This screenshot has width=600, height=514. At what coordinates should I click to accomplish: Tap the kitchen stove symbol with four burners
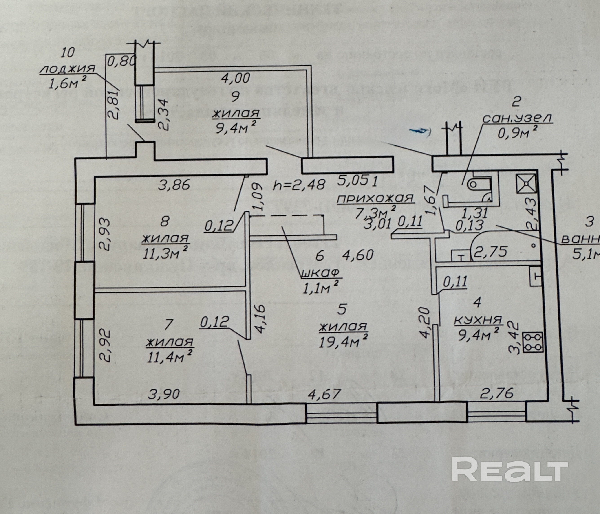click(x=533, y=342)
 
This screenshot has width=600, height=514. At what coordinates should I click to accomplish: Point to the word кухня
click(x=478, y=320)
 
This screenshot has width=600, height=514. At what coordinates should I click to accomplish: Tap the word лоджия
click(x=68, y=69)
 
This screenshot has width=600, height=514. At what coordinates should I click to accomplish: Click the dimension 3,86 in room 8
click(x=174, y=184)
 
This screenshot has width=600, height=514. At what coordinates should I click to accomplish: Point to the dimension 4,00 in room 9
click(x=235, y=78)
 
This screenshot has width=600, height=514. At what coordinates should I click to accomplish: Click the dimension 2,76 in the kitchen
click(x=497, y=393)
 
